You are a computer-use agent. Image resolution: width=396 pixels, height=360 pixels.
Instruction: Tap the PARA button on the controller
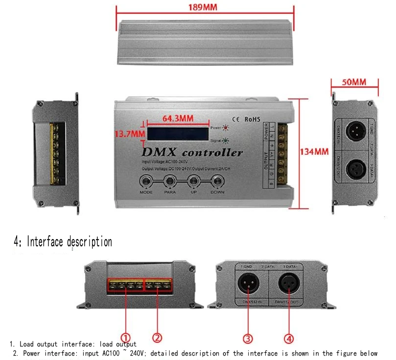click(170, 182)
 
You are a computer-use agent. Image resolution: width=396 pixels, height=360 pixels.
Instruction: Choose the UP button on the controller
click(193, 182)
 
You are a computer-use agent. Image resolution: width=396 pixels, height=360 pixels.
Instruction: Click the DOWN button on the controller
click(217, 182)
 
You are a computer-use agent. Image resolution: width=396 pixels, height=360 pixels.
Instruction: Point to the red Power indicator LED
click(225, 128)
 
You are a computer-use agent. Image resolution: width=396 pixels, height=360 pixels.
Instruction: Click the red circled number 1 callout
click(126, 337)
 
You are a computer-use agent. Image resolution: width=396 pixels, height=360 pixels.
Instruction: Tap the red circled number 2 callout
click(157, 337)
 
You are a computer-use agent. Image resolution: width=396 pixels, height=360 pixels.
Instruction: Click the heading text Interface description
click(63, 241)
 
